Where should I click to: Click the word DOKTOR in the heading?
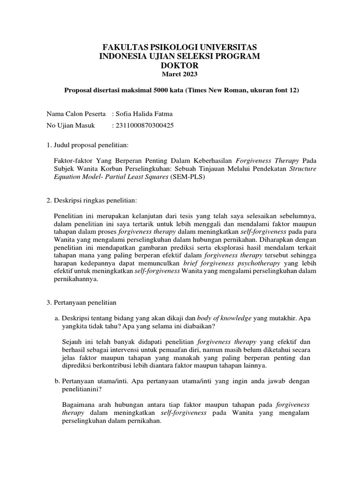coord(180,66)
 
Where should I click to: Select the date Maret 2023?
coord(180,75)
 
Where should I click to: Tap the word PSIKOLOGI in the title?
coord(163,47)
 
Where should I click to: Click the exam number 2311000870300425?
coord(143,126)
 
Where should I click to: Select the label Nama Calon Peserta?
coord(76,114)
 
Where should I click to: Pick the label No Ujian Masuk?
coord(71,126)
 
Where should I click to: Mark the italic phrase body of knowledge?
coord(224,317)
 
